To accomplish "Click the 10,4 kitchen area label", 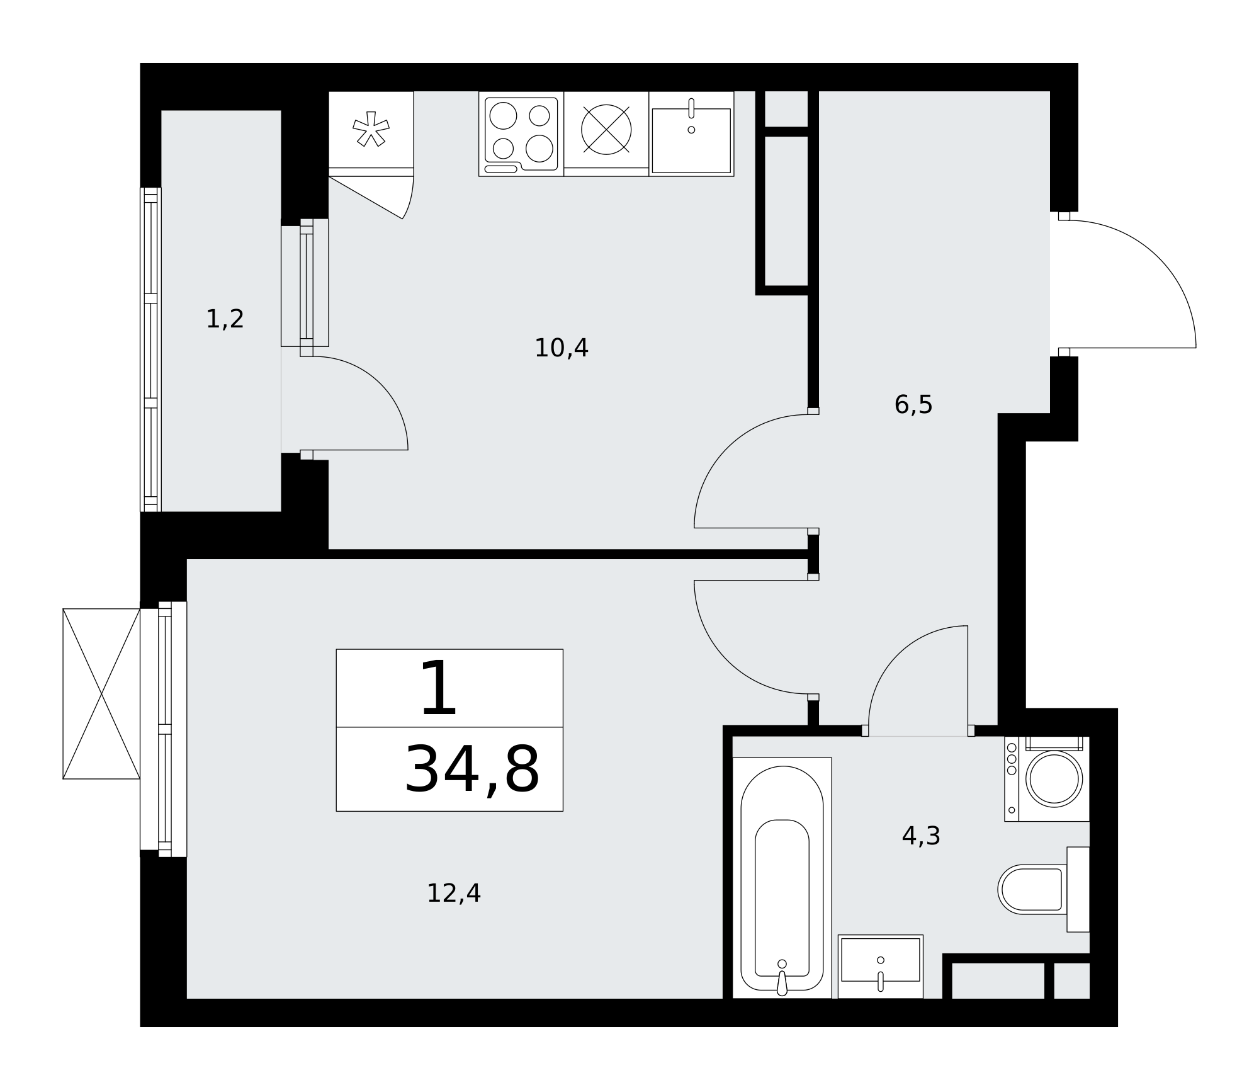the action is tap(561, 348).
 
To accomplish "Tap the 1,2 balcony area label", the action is tap(225, 319).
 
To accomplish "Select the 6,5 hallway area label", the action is tap(913, 405).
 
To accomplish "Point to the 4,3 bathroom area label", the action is tap(921, 836).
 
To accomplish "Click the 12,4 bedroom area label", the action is tap(453, 893).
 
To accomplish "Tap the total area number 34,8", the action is tap(471, 770).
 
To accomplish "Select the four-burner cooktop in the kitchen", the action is tap(521, 134).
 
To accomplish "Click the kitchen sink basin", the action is tap(691, 140).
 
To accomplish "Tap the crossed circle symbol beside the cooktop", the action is tap(606, 130).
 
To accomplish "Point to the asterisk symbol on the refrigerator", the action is tap(371, 129).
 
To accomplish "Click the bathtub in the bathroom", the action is tap(782, 878).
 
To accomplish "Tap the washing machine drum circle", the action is tap(1054, 779).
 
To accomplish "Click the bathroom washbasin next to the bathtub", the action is tap(881, 967).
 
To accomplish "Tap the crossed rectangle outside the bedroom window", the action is tap(101, 694).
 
